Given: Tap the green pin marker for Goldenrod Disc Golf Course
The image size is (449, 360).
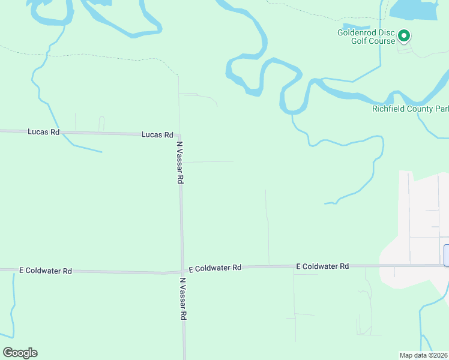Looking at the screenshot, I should [x=405, y=37].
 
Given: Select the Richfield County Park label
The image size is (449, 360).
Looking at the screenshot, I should [x=410, y=109].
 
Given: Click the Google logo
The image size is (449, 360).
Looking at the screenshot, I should [x=20, y=353].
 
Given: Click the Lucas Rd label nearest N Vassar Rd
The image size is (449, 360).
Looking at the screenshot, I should [x=157, y=135].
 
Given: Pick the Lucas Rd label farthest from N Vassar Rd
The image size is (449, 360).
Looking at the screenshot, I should [x=43, y=131].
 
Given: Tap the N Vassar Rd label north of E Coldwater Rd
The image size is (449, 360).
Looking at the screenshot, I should [x=179, y=163].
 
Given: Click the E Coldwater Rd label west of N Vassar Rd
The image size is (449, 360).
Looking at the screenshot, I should [x=46, y=271].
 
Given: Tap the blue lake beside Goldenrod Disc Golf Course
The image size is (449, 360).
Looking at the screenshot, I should [x=414, y=10].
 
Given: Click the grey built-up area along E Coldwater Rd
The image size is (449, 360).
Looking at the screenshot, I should [x=414, y=240].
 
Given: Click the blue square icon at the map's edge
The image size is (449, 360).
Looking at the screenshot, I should [x=446, y=255].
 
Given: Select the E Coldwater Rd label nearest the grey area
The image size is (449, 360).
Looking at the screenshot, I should [x=322, y=266].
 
